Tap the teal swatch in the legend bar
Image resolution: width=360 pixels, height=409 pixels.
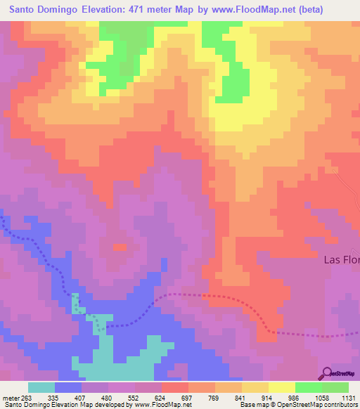pyautogui.click(x=41, y=387)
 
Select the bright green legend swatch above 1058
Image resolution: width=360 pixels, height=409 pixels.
pyautogui.click(x=308, y=387)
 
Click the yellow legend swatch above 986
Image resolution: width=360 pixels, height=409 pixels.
pyautogui.click(x=281, y=387)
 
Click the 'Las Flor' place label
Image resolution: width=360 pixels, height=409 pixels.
pyautogui.click(x=341, y=259)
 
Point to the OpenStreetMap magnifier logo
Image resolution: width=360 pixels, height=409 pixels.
pyautogui.click(x=328, y=372)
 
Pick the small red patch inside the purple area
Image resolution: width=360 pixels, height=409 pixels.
pyautogui.click(x=120, y=247)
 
